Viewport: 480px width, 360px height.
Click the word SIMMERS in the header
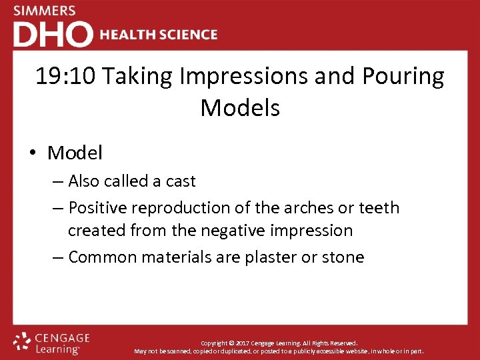point(45,11)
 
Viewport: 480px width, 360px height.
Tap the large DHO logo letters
point(53,34)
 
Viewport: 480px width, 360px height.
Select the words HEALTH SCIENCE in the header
point(159,35)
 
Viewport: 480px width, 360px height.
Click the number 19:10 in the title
point(66,77)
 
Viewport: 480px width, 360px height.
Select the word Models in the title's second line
point(240,107)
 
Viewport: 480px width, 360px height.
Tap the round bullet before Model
point(33,153)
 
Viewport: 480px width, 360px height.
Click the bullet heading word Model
point(75,153)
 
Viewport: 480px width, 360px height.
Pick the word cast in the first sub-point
point(181,181)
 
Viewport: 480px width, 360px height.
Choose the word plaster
point(263,257)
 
